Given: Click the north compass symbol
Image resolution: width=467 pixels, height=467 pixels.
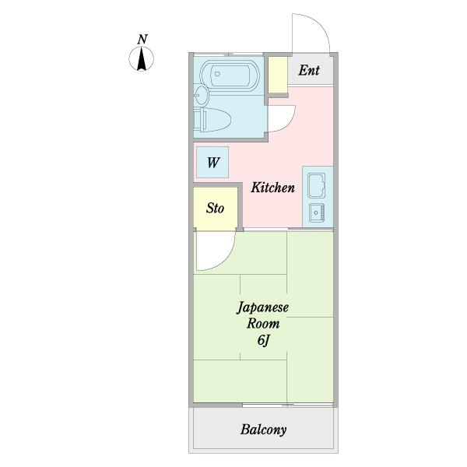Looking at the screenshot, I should (x=142, y=60).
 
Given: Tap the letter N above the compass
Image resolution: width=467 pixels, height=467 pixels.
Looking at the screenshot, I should (x=142, y=39).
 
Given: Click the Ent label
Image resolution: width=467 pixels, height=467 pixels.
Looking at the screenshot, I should (x=309, y=71).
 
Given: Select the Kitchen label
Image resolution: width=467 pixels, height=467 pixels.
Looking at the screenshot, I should (x=272, y=188).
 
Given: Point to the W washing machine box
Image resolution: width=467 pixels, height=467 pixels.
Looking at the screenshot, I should (x=212, y=163).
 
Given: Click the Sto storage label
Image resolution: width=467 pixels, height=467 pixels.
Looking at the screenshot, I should (x=215, y=208).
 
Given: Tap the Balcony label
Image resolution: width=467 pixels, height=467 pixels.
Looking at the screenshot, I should (x=264, y=429).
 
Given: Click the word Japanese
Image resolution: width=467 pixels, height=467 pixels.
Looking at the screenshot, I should (x=262, y=308).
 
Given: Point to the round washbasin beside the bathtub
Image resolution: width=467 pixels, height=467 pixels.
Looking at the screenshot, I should (x=202, y=95).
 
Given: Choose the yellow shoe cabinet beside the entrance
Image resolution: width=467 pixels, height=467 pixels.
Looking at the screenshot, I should (x=278, y=75).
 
